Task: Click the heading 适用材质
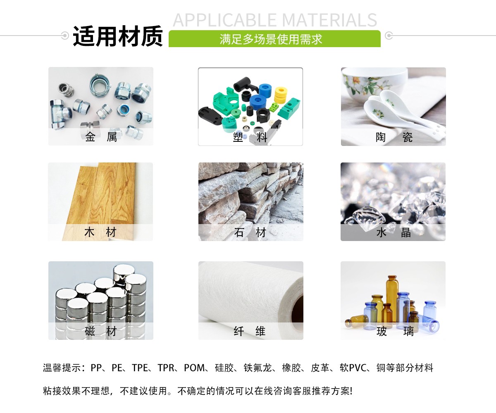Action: [117, 37]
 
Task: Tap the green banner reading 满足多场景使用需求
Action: [271, 39]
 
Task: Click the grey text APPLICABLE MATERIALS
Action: [275, 20]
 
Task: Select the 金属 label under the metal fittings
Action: [101, 137]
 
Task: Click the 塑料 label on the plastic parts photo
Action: [250, 137]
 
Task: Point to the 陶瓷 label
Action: [393, 137]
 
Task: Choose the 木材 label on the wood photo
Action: [100, 232]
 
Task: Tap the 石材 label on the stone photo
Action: [250, 232]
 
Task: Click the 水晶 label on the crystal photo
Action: [393, 232]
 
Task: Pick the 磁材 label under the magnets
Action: [100, 331]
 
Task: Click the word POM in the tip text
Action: [194, 368]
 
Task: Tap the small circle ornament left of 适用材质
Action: [64, 36]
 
